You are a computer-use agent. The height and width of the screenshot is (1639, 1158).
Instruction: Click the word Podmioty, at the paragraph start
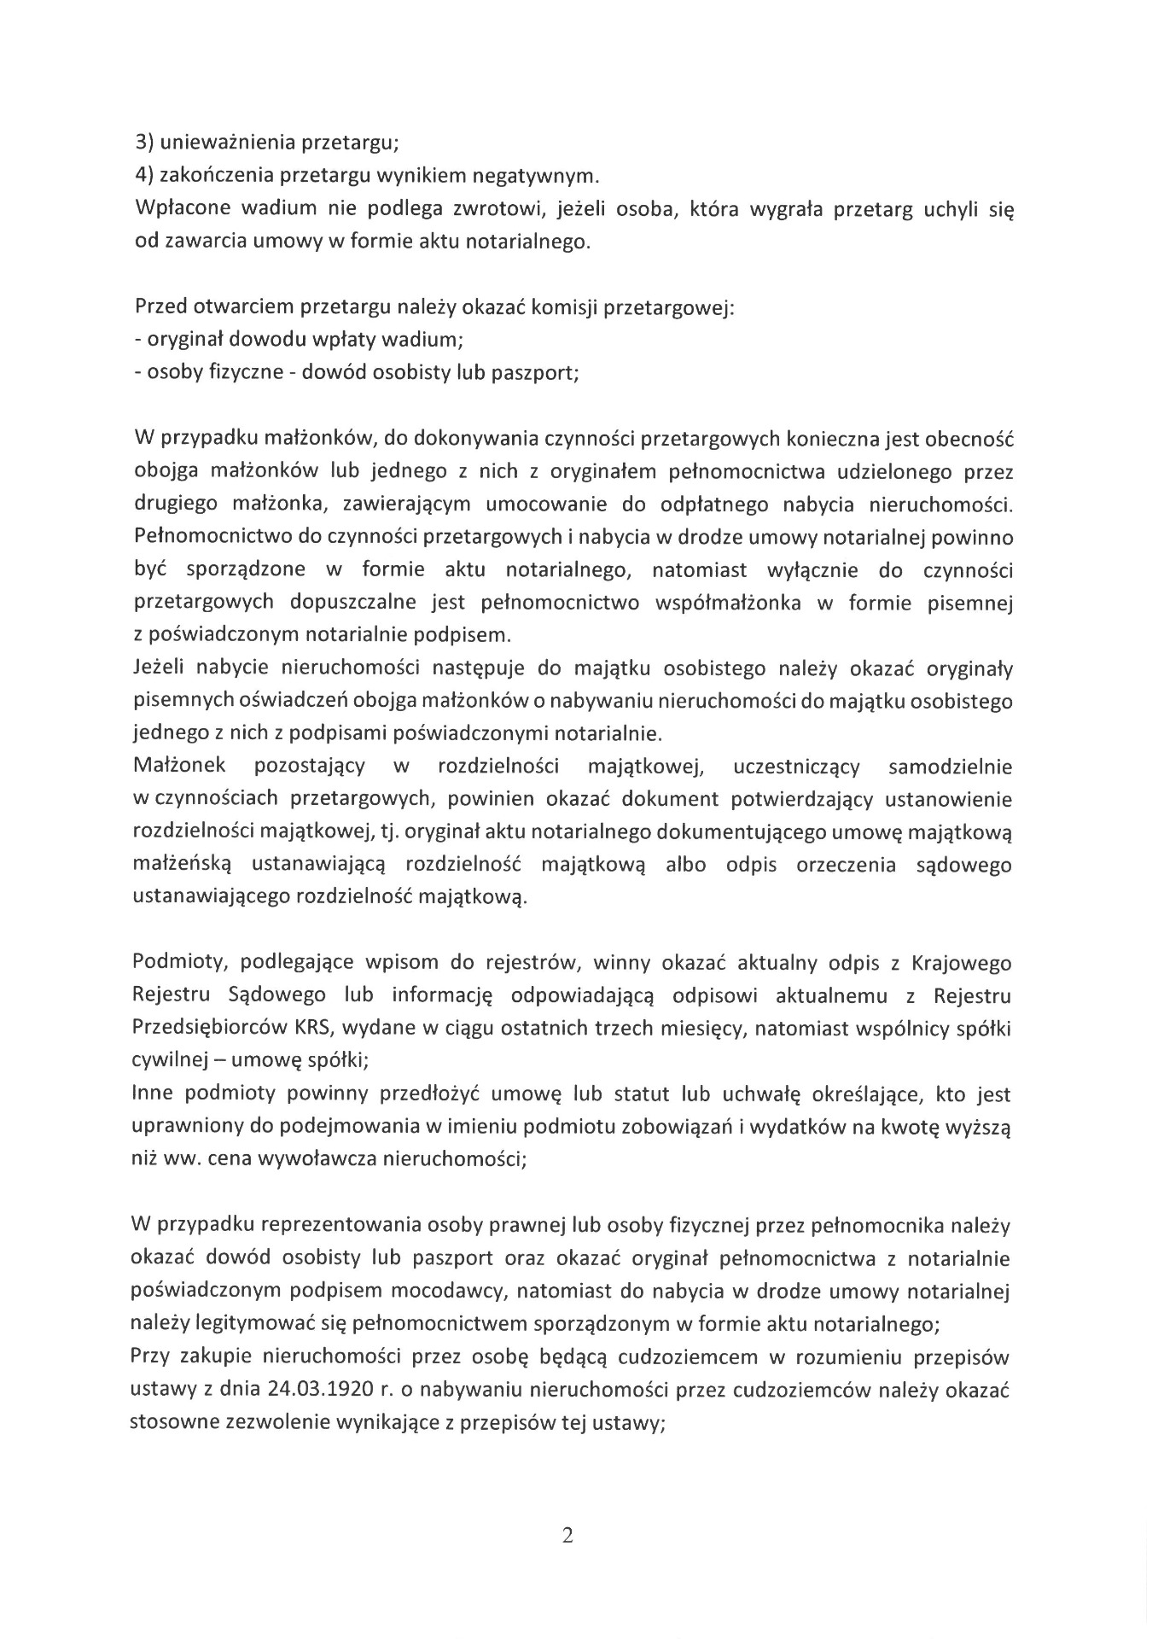180,963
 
